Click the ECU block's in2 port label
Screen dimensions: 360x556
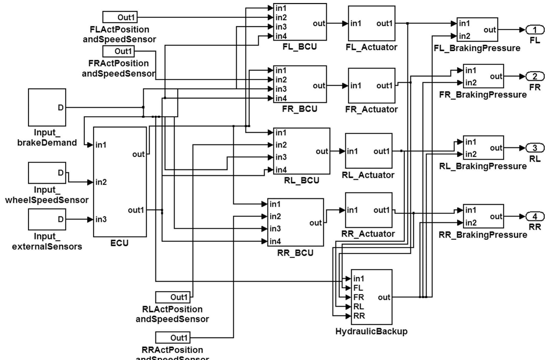(101, 182)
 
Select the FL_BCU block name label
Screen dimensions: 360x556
(300, 47)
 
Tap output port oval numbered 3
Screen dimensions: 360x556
(535, 148)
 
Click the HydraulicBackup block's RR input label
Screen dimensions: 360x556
(359, 316)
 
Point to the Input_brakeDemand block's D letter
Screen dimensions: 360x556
(60, 108)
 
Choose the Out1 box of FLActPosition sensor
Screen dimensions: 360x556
(120, 17)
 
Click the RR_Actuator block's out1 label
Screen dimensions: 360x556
(381, 210)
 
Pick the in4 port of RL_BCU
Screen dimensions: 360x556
(281, 170)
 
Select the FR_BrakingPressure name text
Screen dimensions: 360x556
(483, 95)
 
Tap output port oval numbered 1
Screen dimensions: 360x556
(535, 30)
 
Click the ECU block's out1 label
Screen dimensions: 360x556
(136, 210)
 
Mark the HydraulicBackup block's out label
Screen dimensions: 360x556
(384, 297)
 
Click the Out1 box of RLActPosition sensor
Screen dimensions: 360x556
(173, 297)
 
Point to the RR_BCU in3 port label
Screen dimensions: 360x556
(275, 229)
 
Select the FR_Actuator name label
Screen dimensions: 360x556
(371, 109)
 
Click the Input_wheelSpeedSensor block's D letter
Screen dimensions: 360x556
(60, 173)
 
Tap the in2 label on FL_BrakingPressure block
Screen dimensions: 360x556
(465, 36)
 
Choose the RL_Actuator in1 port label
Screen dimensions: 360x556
(352, 151)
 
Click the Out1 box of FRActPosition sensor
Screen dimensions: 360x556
(118, 51)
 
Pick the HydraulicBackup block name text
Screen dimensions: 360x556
(371, 331)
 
